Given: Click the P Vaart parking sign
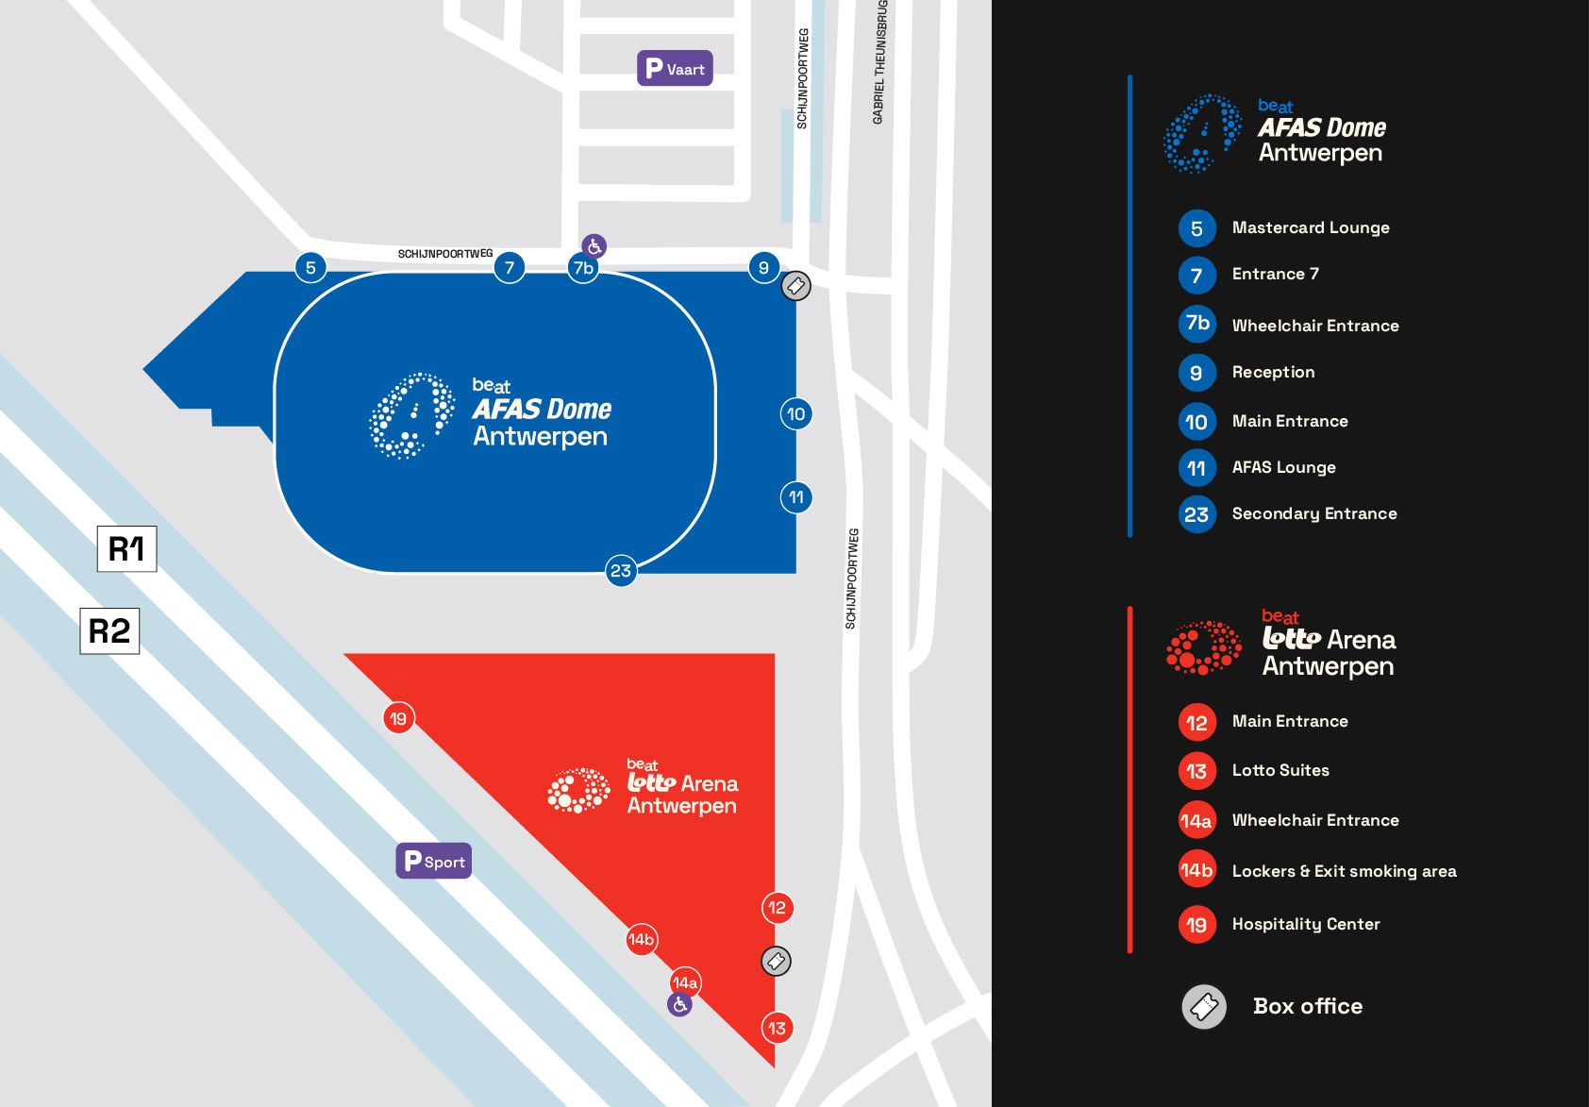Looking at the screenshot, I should [675, 68].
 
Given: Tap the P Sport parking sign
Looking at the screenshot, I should [433, 861].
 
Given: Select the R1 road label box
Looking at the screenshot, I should [126, 548].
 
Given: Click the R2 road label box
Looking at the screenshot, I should [109, 630].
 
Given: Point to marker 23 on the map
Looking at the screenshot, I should [620, 570].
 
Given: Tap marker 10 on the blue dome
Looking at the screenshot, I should [795, 413].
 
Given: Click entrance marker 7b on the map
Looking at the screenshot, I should [583, 268].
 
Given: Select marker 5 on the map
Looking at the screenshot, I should [310, 267].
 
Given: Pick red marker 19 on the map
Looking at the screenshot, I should [398, 718].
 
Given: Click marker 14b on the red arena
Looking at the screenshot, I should [642, 939].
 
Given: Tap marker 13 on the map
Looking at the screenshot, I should [777, 1028].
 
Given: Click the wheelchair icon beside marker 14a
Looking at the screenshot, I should [679, 1005].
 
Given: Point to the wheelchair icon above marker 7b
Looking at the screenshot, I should [594, 246].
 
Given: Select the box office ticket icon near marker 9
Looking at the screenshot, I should [795, 285].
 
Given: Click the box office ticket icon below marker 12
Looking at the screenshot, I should [776, 961].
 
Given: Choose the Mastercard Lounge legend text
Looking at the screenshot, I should [1310, 227].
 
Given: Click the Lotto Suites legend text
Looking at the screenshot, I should [1280, 770].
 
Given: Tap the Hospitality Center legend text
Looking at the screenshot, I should [1305, 924].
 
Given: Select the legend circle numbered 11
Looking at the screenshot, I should [1196, 467].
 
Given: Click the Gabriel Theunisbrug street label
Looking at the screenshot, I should [879, 62].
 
